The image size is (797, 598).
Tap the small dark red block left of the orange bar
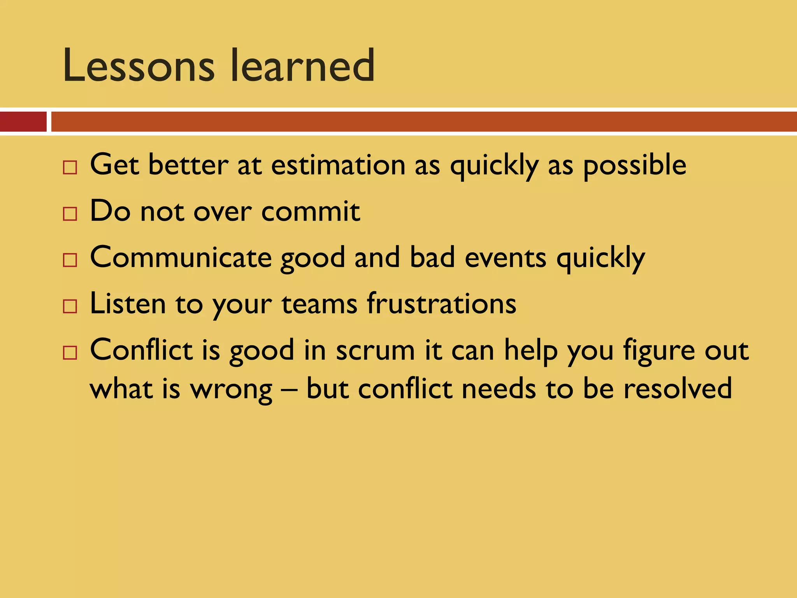coord(23,121)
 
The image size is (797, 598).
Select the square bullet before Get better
coord(70,168)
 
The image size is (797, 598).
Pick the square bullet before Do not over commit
coord(70,214)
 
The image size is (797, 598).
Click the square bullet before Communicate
coord(70,260)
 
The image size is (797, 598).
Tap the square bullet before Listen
coord(70,306)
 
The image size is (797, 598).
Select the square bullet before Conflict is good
coord(70,353)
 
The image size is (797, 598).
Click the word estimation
coord(338,165)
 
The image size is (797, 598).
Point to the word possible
coord(634,165)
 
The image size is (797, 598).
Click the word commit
coord(311,211)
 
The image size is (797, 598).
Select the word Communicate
coord(181,258)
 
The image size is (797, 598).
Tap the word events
coord(506,258)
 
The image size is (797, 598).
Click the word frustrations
coord(442,304)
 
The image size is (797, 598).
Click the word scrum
coord(375,350)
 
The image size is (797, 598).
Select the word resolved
coord(678,389)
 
